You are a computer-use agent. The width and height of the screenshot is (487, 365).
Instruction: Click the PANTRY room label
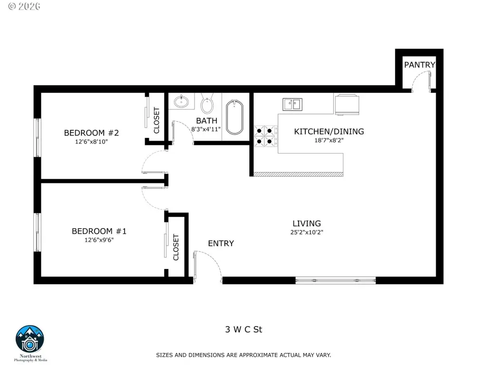point(419,65)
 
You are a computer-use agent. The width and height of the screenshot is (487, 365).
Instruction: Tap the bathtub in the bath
point(234,117)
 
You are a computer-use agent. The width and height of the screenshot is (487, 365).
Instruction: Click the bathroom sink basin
point(181,101)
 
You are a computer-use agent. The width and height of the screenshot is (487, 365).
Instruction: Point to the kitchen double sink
point(292,104)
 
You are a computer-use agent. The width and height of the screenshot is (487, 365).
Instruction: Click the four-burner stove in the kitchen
point(266,136)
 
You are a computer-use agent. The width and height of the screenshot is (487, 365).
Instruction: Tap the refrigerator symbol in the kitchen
point(347,105)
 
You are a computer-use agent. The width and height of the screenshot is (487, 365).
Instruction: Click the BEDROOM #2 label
point(91,133)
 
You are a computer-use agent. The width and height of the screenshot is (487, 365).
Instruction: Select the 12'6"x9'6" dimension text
point(99,240)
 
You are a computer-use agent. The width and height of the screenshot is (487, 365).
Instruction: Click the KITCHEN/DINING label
point(329,131)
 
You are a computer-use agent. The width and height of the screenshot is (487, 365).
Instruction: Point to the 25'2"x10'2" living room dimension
point(307,232)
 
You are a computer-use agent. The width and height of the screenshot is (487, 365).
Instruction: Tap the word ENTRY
point(221,243)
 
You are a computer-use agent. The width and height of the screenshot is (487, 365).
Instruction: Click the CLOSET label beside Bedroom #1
point(176,247)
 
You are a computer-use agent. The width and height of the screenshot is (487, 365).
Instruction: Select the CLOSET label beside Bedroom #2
point(156,120)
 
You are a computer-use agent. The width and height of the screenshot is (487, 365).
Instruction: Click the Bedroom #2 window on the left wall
point(37,137)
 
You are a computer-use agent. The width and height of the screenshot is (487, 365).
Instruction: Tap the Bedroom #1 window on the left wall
point(37,232)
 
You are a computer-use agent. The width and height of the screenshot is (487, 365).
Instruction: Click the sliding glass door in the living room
point(335,280)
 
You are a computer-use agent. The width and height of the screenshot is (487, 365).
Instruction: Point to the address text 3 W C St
point(243,329)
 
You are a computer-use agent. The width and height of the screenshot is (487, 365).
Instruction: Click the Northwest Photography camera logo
point(30,339)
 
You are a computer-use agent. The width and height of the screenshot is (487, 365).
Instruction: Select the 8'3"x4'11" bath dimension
point(206,129)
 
